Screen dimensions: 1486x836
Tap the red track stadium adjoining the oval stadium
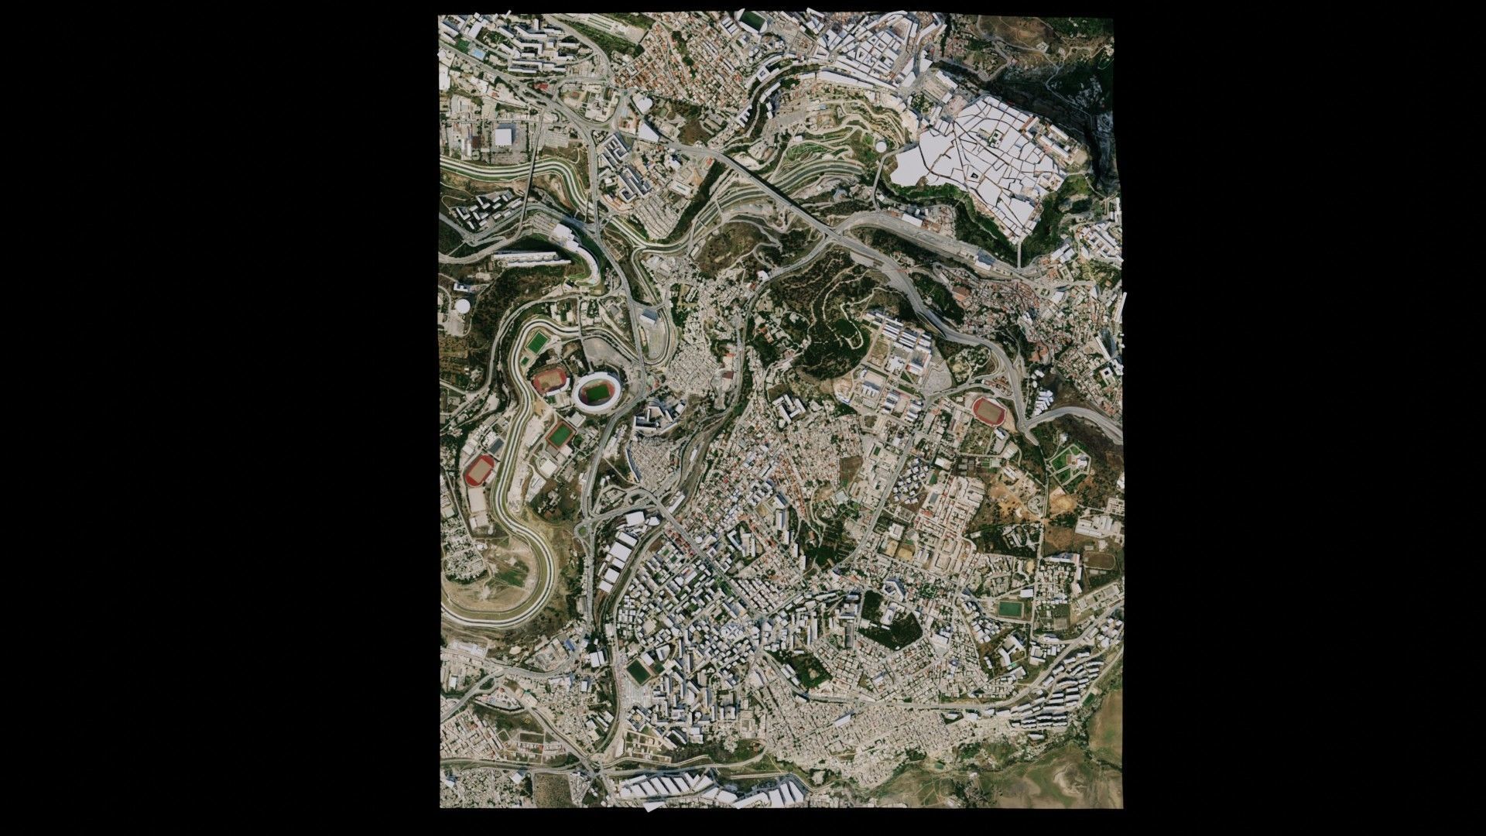550,381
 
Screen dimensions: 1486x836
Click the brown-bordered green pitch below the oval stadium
560,436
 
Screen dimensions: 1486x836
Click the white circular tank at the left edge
462,306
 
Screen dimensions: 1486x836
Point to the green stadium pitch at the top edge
752,20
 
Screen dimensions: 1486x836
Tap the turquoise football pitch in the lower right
1009,609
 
